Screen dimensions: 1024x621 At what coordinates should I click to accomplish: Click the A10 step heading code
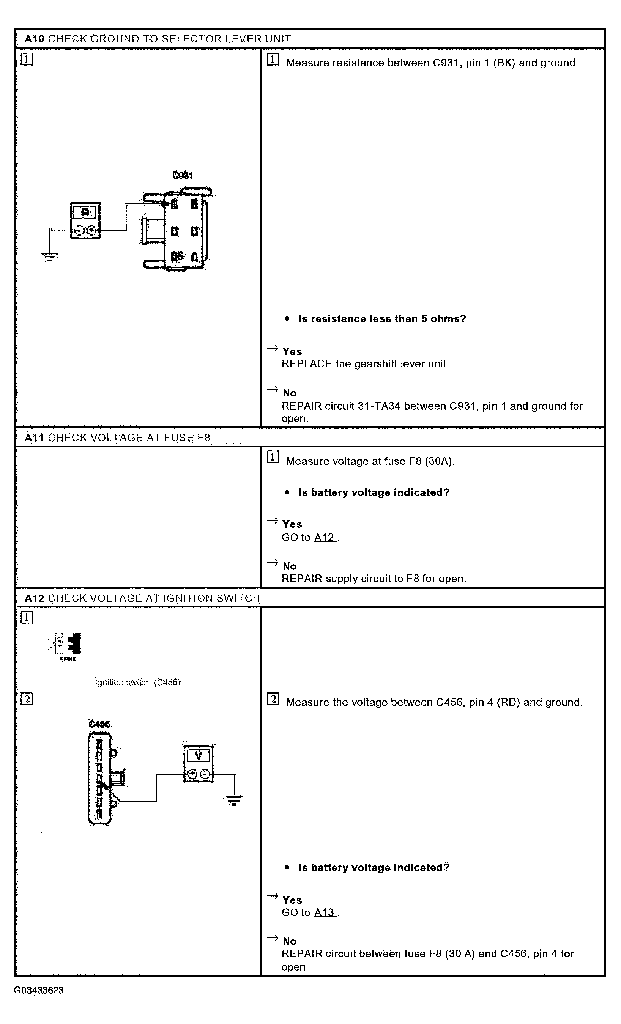coord(34,39)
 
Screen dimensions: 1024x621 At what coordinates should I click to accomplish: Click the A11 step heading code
coord(34,437)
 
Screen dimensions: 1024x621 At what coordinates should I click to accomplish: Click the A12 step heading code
coord(34,598)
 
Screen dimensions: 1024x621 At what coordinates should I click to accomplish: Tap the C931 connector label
coord(182,176)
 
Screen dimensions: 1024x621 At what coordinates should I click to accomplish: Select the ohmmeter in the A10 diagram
coord(85,220)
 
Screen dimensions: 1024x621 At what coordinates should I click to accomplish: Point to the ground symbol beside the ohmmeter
coord(49,256)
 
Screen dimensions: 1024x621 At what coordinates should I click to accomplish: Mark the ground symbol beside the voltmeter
coord(235,800)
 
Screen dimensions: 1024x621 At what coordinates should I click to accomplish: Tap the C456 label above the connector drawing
coord(99,724)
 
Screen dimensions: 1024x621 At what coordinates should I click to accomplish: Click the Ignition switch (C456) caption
coord(137,683)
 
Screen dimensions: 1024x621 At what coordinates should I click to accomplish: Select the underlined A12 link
coord(325,537)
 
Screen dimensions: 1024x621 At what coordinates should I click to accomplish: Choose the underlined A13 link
coord(325,912)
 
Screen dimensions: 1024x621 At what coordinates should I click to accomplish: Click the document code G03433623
coord(39,990)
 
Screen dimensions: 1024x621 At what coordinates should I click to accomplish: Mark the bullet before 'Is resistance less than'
coord(287,319)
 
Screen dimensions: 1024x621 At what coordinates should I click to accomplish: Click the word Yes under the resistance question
coord(292,352)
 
